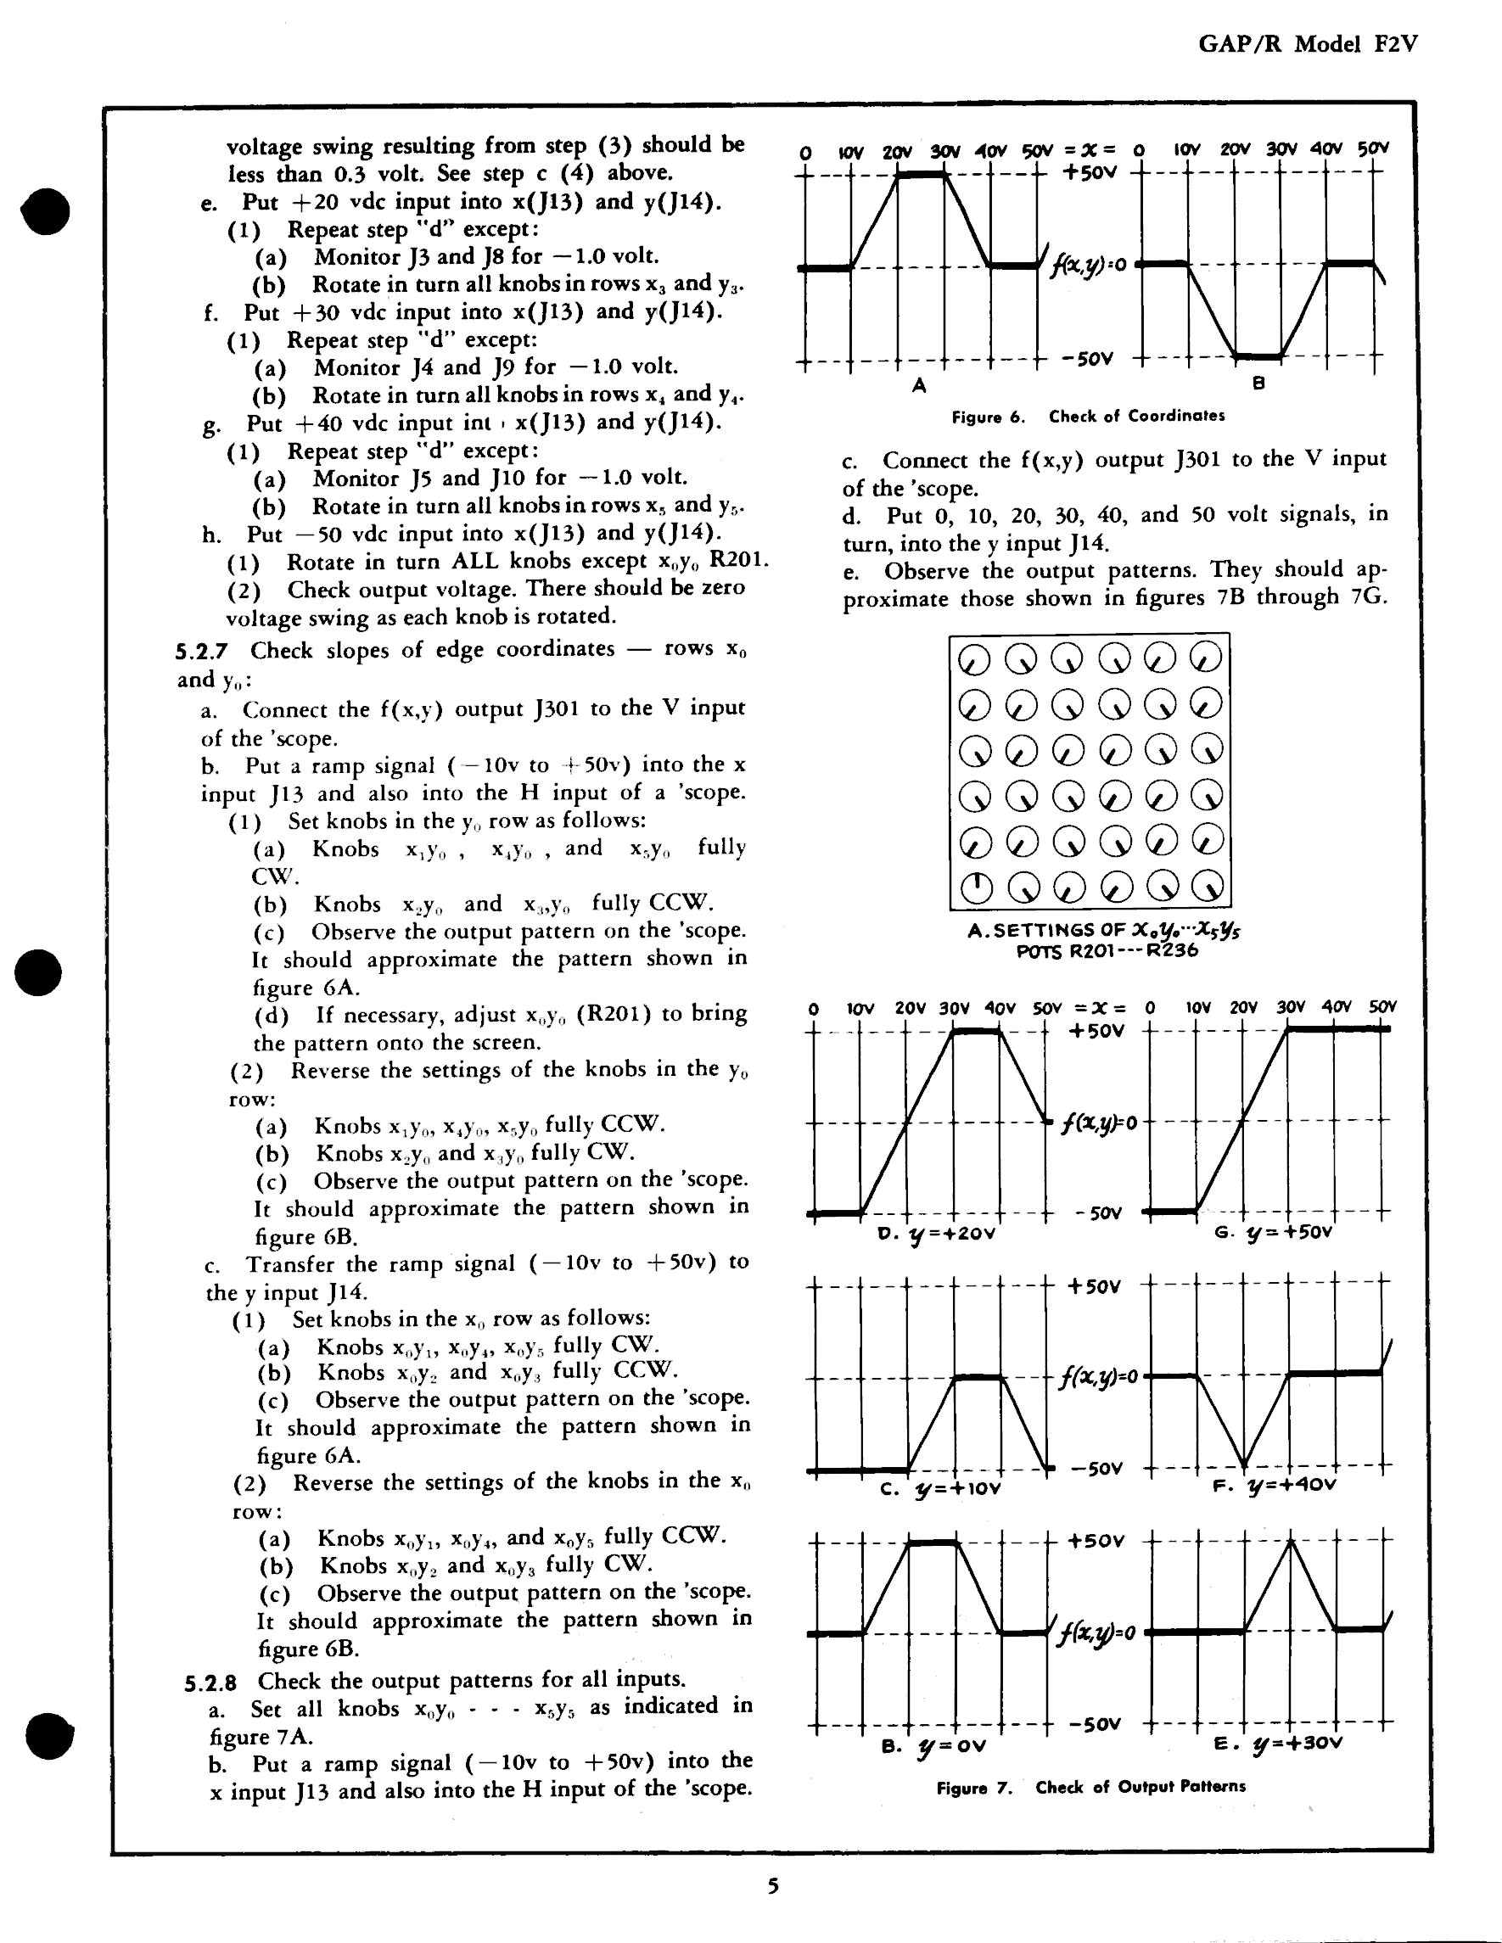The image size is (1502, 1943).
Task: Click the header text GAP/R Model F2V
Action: point(1307,43)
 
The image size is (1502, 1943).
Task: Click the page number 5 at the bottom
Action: point(772,1885)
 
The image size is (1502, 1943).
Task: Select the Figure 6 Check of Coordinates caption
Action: point(1087,417)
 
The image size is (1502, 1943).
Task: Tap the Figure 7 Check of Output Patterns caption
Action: point(1090,1786)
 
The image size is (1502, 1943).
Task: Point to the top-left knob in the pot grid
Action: point(974,659)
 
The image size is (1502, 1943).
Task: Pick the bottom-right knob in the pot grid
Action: point(1207,886)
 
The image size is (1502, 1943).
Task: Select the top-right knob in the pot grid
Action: point(1206,658)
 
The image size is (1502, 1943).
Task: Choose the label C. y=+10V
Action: point(939,1488)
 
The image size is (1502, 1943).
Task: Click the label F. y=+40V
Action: point(1275,1485)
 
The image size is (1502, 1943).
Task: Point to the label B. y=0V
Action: point(933,1745)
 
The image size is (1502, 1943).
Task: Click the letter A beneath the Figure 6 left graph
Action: point(919,385)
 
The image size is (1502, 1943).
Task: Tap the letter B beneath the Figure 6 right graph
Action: point(1258,384)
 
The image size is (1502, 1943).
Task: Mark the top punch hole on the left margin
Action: point(45,211)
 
